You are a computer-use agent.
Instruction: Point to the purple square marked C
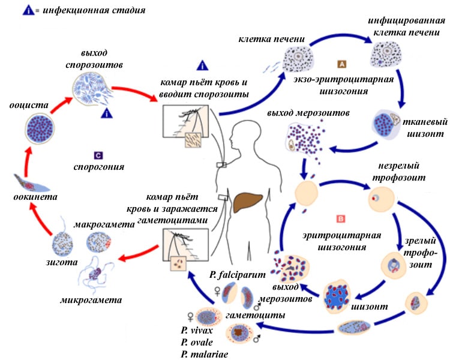pyautogui.click(x=99, y=155)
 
